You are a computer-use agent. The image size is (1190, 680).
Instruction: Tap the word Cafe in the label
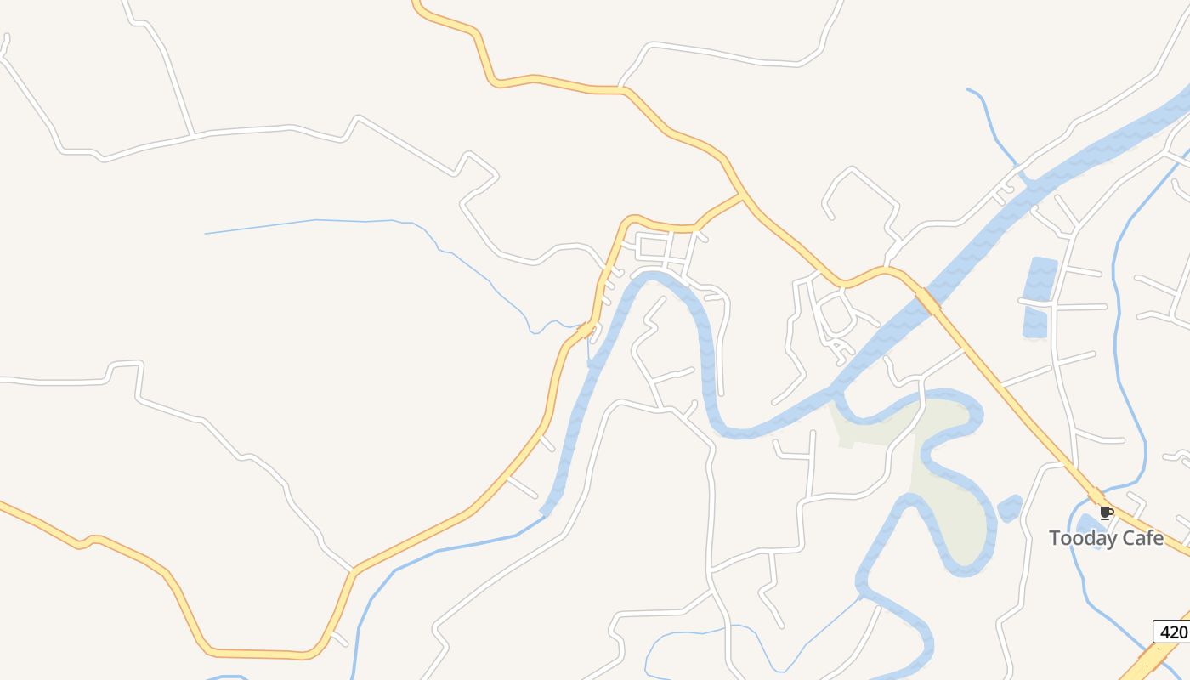coord(1142,538)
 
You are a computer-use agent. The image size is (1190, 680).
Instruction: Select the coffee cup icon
coord(1106,513)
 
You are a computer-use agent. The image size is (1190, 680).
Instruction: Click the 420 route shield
coord(1172,632)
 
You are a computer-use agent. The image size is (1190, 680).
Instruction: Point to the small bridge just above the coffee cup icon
coord(1096,496)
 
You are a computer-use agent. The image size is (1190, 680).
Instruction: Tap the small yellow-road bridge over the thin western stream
coord(586,328)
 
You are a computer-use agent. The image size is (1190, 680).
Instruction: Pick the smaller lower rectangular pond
coord(1036,323)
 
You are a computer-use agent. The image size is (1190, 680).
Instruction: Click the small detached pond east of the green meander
coord(1009,508)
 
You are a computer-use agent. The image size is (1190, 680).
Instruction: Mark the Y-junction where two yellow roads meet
coord(743,197)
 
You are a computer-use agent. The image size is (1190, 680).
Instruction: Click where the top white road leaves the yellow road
coord(621,88)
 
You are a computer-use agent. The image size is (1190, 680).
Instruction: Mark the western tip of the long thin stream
coord(207,233)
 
